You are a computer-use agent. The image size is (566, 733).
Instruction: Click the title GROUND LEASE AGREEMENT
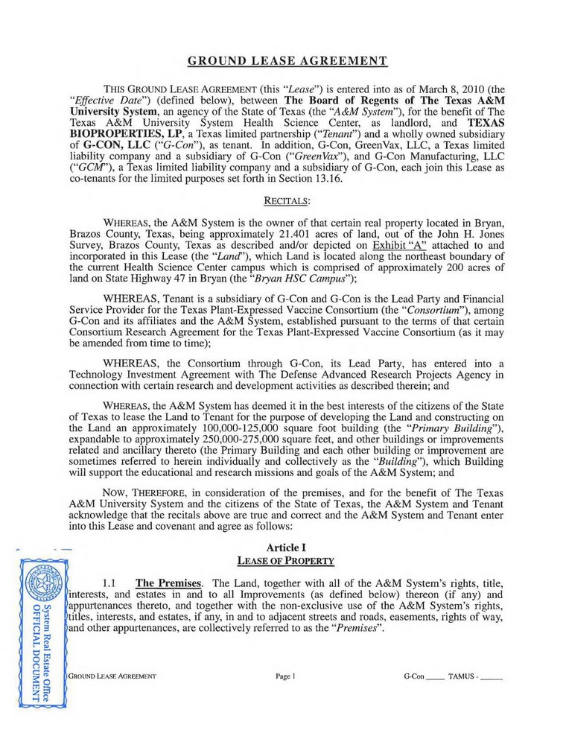(287, 60)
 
